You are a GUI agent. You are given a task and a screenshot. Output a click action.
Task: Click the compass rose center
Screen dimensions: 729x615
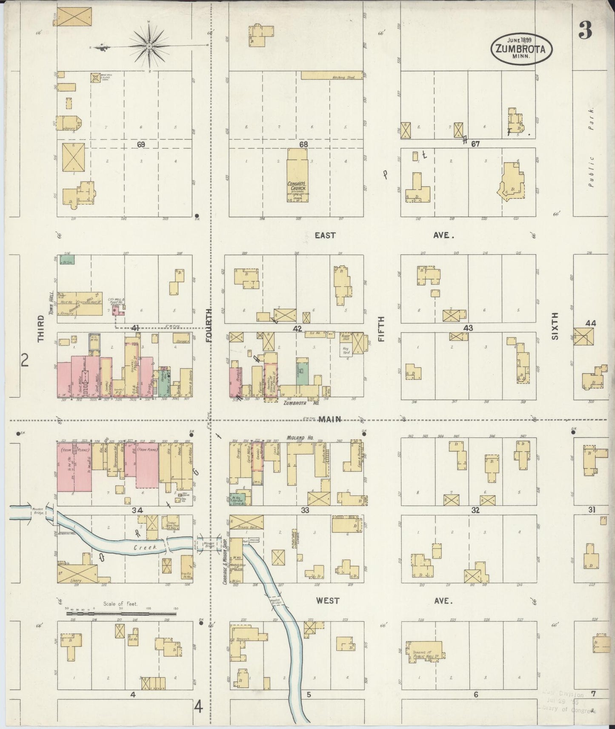click(x=150, y=46)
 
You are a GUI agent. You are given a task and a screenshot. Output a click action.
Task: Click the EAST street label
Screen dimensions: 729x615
click(x=325, y=235)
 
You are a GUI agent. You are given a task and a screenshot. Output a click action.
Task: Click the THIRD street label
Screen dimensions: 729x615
click(x=41, y=328)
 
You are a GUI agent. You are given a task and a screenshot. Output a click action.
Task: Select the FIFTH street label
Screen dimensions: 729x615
click(x=381, y=328)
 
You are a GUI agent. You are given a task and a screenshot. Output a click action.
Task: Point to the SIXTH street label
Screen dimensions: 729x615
click(x=554, y=326)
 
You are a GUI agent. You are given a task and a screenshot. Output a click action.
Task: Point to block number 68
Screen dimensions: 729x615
click(x=303, y=145)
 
